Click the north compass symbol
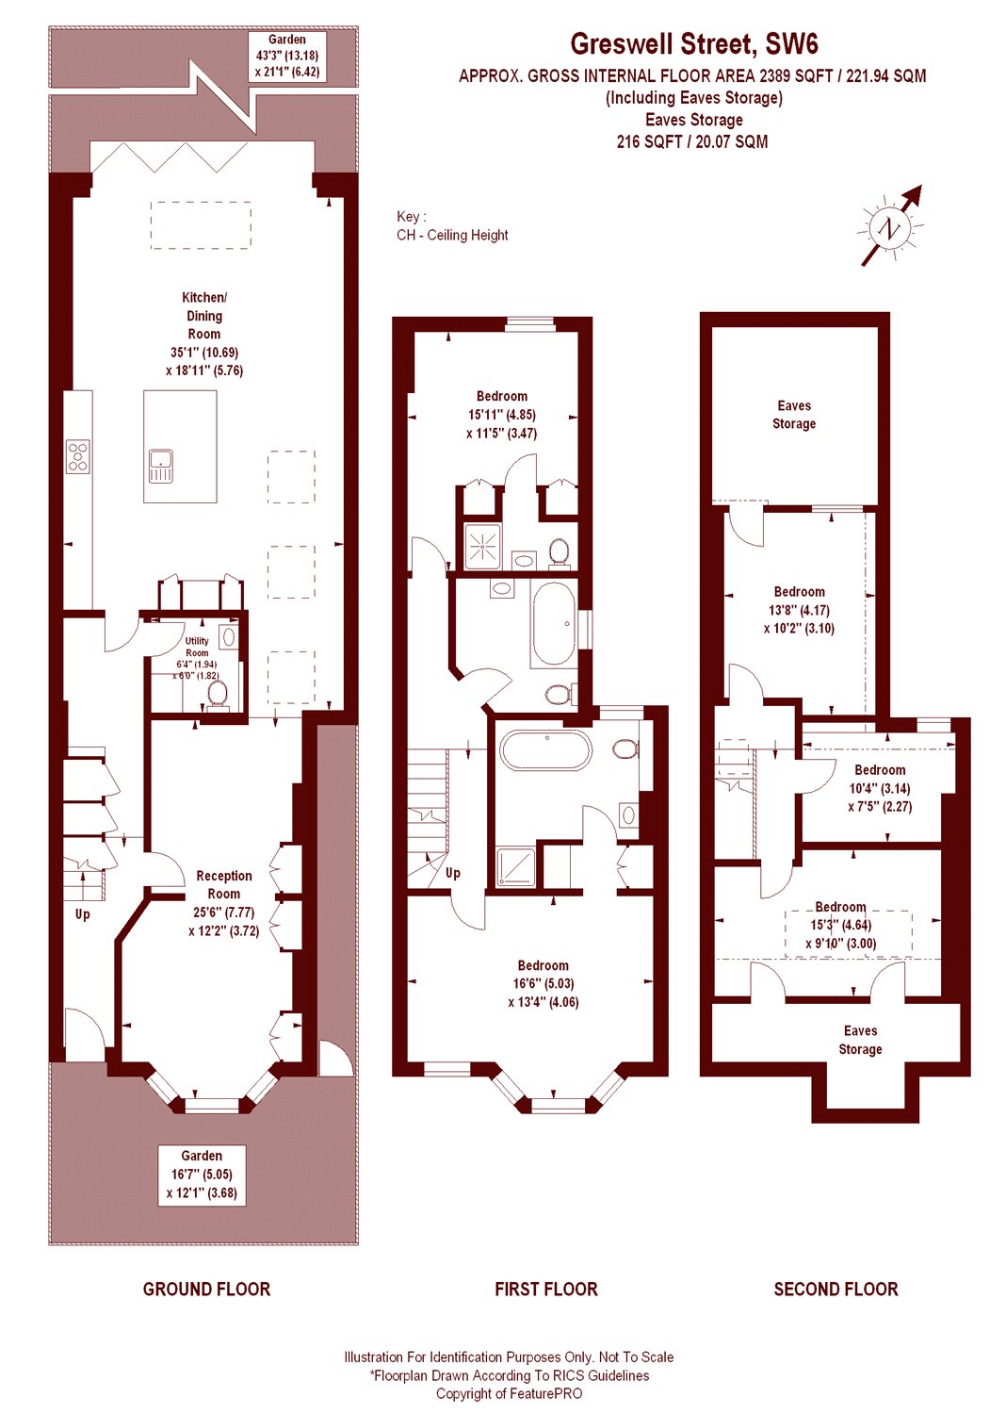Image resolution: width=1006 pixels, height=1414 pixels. pyautogui.click(x=888, y=227)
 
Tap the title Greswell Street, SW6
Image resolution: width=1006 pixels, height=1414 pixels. pyautogui.click(x=693, y=44)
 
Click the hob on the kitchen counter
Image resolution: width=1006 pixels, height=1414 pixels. pyautogui.click(x=78, y=456)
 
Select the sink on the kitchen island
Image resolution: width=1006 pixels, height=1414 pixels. pyautogui.click(x=161, y=466)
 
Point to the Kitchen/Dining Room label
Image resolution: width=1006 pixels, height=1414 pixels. pyautogui.click(x=204, y=334)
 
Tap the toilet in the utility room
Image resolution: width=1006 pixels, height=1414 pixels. pyautogui.click(x=218, y=694)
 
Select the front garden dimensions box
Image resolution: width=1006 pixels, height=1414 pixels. pyautogui.click(x=202, y=1174)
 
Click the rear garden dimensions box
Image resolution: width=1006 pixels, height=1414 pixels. pyautogui.click(x=287, y=56)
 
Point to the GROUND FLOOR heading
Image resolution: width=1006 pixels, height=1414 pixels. pyautogui.click(x=206, y=1289)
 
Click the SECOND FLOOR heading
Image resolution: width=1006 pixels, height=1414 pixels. pyautogui.click(x=836, y=1289)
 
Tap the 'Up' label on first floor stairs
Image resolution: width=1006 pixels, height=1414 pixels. pyautogui.click(x=453, y=873)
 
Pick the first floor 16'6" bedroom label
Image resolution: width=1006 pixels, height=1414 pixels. pyautogui.click(x=544, y=983)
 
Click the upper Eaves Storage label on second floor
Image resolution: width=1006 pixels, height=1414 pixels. pyautogui.click(x=794, y=415)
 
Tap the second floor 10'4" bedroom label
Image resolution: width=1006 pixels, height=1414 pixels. pyautogui.click(x=880, y=788)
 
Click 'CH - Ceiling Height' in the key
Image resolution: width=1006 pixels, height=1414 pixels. pyautogui.click(x=452, y=235)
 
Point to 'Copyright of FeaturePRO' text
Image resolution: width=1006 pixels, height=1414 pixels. pyautogui.click(x=509, y=1393)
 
